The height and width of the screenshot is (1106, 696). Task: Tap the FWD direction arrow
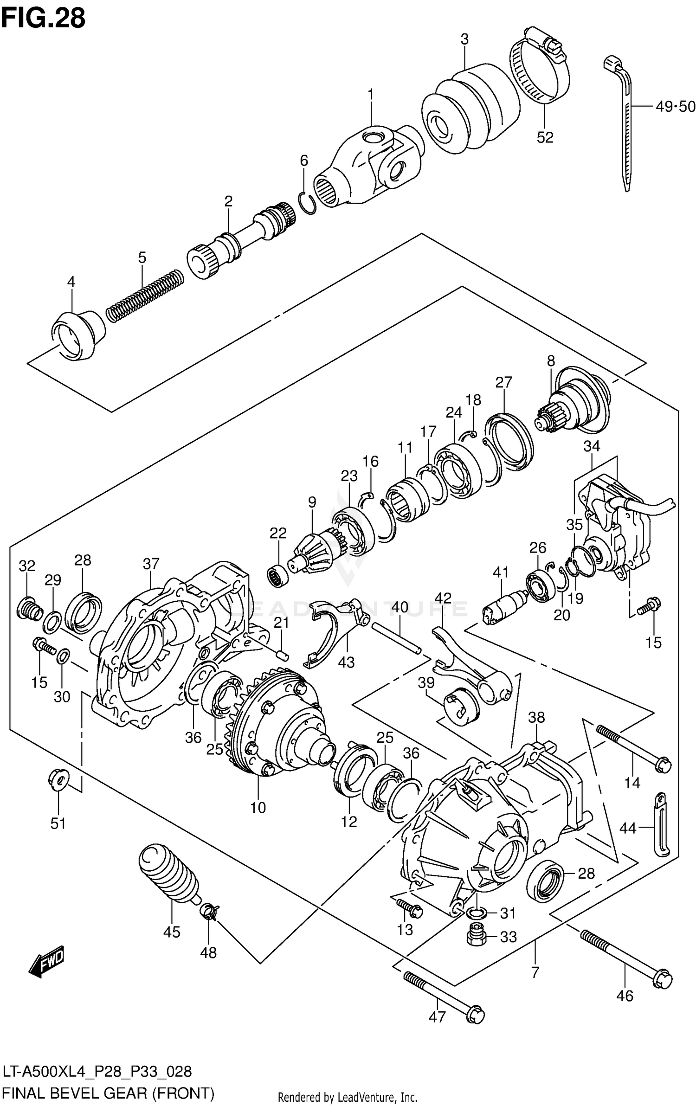click(46, 961)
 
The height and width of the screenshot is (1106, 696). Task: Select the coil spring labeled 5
click(145, 295)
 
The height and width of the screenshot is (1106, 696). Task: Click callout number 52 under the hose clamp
click(545, 137)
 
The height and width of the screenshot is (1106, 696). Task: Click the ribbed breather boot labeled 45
click(169, 875)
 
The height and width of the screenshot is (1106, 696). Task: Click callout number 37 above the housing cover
click(151, 564)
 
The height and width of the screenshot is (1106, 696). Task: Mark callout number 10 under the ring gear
click(258, 808)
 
